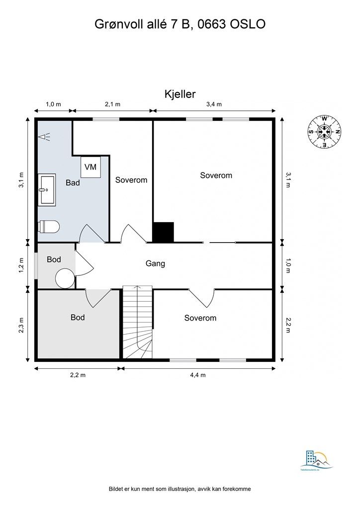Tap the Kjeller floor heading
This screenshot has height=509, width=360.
(180, 93)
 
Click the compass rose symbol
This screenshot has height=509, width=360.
(324, 132)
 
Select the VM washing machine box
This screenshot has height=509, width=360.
(90, 167)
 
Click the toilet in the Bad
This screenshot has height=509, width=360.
(49, 227)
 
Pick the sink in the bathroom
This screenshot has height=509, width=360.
(47, 189)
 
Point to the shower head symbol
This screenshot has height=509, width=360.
(45, 136)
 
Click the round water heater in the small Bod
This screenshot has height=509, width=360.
(65, 278)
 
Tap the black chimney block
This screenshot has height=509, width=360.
(163, 232)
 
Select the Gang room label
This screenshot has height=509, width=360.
(155, 263)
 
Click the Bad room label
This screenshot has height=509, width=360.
(73, 183)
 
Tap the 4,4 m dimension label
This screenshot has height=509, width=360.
(197, 375)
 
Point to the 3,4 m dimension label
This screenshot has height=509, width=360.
(214, 104)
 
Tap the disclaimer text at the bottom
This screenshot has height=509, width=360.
(180, 489)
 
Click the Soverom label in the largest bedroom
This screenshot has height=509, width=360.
(216, 175)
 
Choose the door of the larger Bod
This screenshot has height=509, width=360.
(98, 297)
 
